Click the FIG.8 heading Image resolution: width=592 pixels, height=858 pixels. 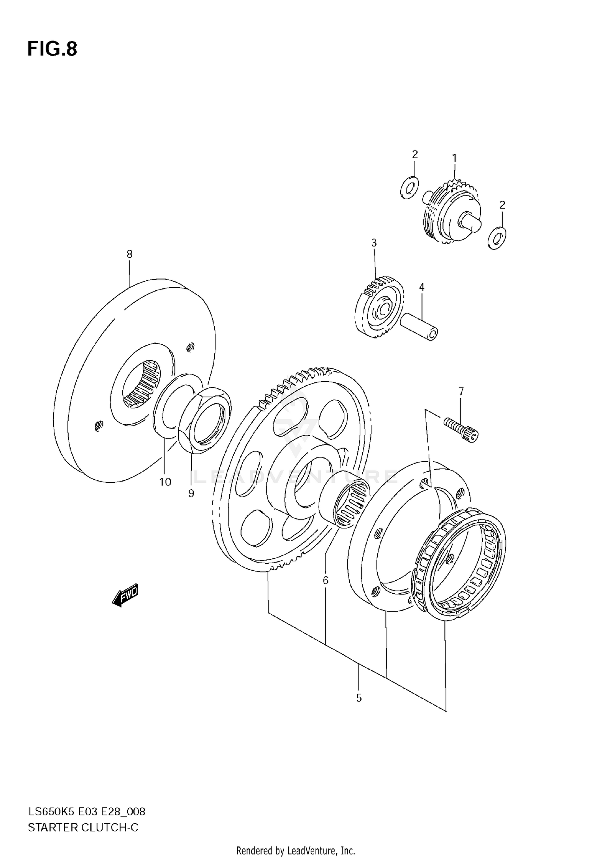coord(52,49)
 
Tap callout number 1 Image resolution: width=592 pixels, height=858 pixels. coord(454,158)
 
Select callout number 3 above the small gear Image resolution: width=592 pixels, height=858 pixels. coord(374,243)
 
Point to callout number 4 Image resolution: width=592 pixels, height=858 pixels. coord(422,287)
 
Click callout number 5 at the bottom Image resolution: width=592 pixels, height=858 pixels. coord(358,698)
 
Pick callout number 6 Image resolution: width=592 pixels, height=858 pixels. coord(326,580)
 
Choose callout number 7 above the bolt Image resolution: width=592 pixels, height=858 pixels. coord(461,391)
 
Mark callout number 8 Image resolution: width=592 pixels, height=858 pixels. coord(129,254)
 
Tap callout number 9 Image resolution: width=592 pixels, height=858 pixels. coord(191,493)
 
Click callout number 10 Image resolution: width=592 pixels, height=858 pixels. coord(165,482)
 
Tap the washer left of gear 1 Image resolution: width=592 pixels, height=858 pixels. coord(410,187)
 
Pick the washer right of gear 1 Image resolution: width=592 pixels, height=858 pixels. coord(497,238)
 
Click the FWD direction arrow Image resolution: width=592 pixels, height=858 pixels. coord(125,595)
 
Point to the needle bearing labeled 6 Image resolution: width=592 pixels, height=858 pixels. coord(345,499)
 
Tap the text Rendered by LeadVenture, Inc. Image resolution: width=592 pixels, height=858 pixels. coord(296,850)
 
